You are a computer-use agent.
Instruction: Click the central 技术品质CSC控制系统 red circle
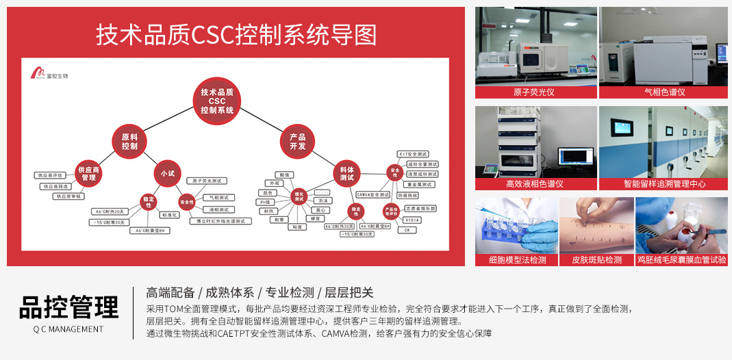(x=216, y=101)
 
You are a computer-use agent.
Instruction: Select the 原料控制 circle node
(x=130, y=142)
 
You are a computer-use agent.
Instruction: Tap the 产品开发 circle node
(x=297, y=142)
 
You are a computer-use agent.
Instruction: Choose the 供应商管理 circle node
(x=88, y=174)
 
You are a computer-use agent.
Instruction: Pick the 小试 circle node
(x=168, y=174)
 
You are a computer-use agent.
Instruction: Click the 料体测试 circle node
(x=346, y=174)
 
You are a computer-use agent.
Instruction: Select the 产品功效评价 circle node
(x=391, y=211)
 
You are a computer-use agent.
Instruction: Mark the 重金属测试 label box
(x=418, y=184)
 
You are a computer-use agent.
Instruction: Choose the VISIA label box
(x=412, y=220)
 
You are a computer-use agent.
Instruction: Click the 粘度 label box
(x=297, y=227)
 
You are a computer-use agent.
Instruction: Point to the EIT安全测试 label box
(x=413, y=154)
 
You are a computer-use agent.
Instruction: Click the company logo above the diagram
(x=49, y=74)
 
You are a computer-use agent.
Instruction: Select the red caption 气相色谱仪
(x=664, y=92)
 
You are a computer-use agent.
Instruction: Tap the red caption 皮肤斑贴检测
(x=596, y=260)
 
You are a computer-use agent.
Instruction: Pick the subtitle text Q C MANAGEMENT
(x=68, y=329)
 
